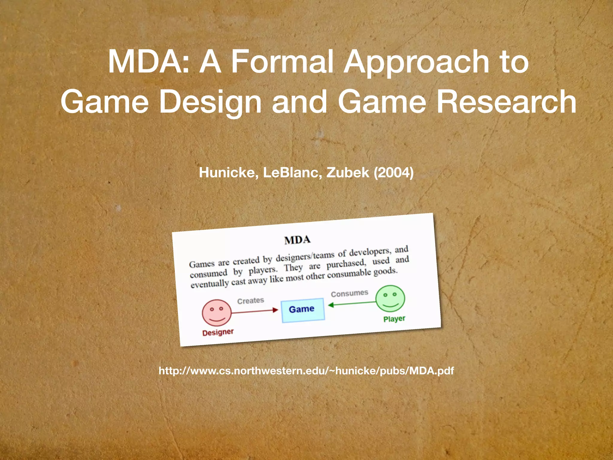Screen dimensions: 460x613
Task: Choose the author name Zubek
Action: pyautogui.click(x=348, y=173)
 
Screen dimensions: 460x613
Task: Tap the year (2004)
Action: pyautogui.click(x=394, y=173)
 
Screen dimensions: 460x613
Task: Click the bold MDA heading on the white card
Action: pyautogui.click(x=297, y=240)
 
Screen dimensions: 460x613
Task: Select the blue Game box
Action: pyautogui.click(x=303, y=310)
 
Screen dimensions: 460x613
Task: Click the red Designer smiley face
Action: pyautogui.click(x=217, y=313)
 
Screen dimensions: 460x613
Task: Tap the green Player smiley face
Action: pyautogui.click(x=390, y=299)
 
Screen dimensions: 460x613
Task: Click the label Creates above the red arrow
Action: pyautogui.click(x=251, y=301)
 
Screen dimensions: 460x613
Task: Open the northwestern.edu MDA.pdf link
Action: pyautogui.click(x=306, y=371)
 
